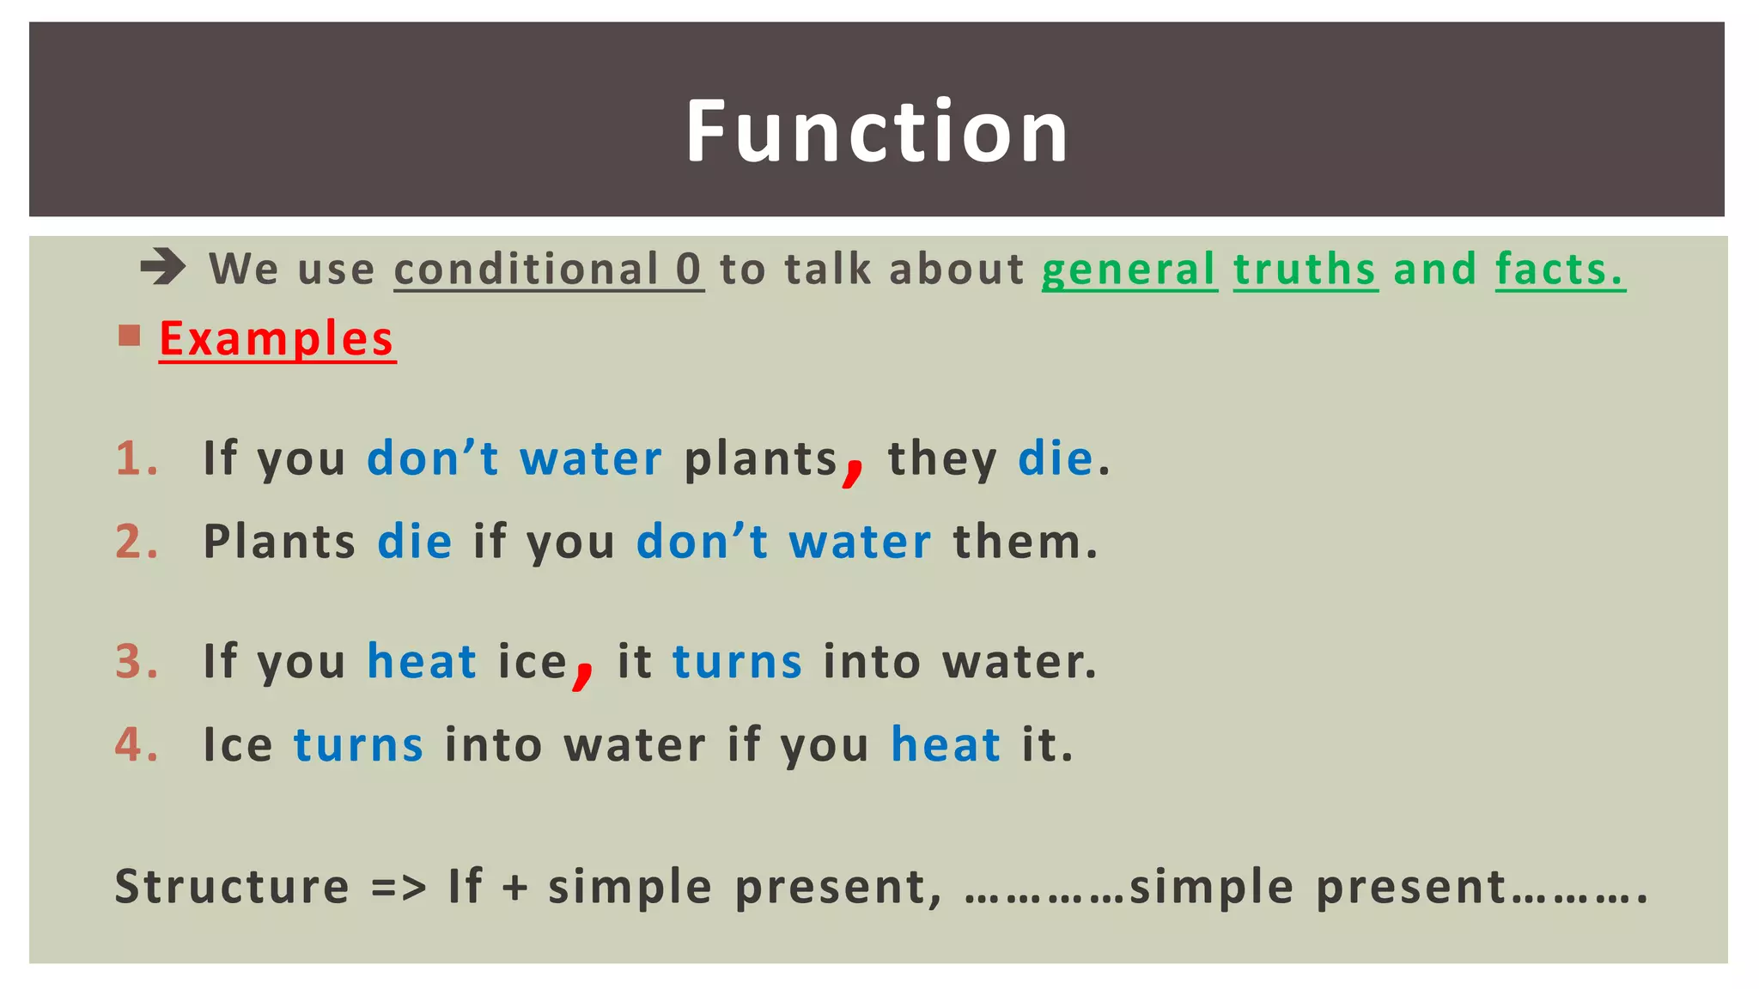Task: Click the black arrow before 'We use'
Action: [x=162, y=267]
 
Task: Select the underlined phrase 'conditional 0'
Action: [x=548, y=270]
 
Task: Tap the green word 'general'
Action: [x=1129, y=270]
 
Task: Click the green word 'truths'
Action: [x=1305, y=270]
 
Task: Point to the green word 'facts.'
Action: [x=1559, y=270]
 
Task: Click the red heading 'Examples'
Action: [x=277, y=338]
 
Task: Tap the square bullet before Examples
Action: [x=130, y=335]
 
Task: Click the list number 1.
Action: [x=136, y=458]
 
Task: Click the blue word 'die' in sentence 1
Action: [x=1055, y=458]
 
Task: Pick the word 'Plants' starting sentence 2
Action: [x=279, y=543]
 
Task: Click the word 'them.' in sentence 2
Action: [x=1026, y=543]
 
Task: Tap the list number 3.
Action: [x=136, y=662]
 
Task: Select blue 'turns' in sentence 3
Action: [x=737, y=662]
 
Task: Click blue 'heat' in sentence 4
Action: [x=946, y=744]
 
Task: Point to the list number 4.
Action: [x=136, y=744]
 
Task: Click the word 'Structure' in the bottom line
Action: [x=232, y=887]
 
